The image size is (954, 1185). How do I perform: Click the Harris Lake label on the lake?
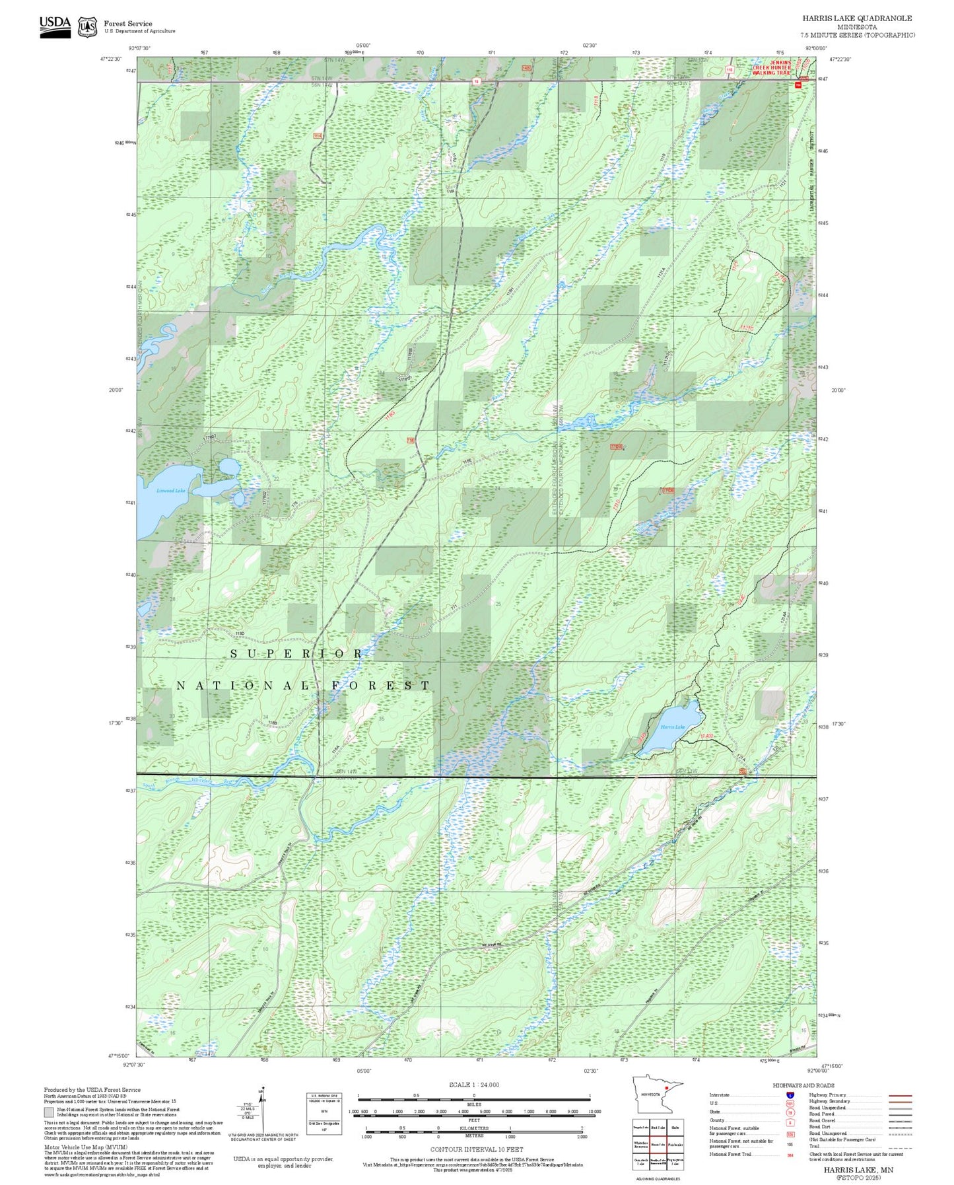click(672, 727)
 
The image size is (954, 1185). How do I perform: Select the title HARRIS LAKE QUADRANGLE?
click(857, 18)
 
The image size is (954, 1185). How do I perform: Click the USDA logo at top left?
click(55, 26)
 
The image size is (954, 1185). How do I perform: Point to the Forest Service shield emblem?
click(87, 27)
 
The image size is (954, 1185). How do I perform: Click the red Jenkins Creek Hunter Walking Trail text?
click(771, 67)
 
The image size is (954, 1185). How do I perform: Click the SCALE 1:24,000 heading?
click(474, 1085)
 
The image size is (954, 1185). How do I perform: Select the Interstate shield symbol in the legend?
click(790, 1095)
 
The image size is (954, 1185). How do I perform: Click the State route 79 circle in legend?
click(790, 1112)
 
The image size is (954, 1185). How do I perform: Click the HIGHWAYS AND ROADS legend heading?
click(803, 1085)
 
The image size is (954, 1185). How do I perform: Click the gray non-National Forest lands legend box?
click(49, 1112)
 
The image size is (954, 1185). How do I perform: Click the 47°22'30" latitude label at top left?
click(111, 59)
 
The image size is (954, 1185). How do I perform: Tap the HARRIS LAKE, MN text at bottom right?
click(858, 1169)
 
